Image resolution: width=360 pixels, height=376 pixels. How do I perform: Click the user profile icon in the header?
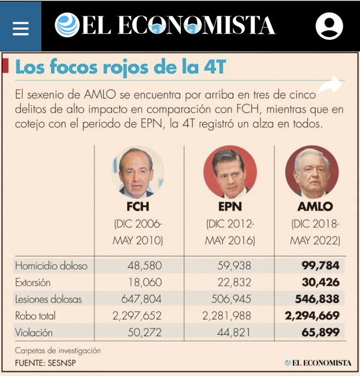pyautogui.click(x=329, y=26)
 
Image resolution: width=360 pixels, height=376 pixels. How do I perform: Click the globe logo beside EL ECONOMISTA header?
pyautogui.click(x=67, y=25)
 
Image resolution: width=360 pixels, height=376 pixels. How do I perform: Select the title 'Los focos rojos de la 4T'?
pyautogui.click(x=121, y=67)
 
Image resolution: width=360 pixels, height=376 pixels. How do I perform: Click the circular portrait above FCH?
pyautogui.click(x=137, y=172)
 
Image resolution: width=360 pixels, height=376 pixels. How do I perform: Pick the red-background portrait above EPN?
pyautogui.click(x=229, y=172)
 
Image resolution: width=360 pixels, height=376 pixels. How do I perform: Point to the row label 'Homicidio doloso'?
pyautogui.click(x=51, y=265)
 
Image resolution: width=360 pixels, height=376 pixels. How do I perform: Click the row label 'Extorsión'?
pyautogui.click(x=33, y=283)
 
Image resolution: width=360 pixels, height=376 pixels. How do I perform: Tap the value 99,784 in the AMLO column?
pyautogui.click(x=320, y=265)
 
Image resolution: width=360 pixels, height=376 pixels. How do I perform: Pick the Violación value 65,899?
pyautogui.click(x=320, y=333)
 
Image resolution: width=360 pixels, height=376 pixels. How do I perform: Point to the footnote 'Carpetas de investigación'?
pyautogui.click(x=58, y=351)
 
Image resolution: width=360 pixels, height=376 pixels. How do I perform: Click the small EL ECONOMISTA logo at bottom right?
pyautogui.click(x=318, y=363)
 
